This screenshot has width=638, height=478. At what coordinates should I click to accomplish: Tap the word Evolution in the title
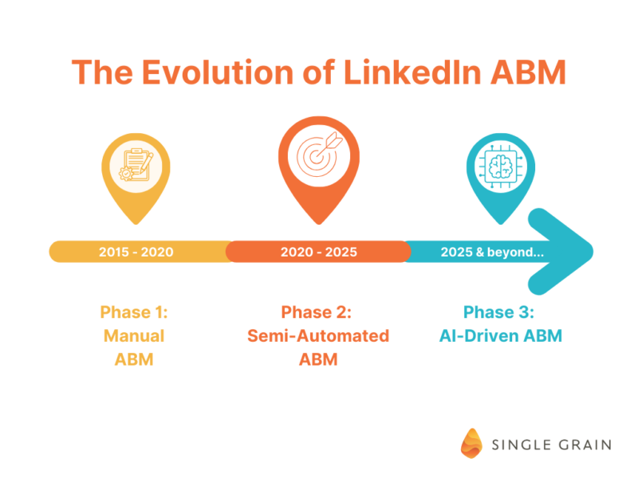[x=218, y=72]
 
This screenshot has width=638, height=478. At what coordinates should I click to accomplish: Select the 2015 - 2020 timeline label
[x=136, y=252]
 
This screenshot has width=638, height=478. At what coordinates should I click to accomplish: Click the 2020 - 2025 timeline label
[x=318, y=252]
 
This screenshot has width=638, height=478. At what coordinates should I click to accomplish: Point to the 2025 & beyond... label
[x=492, y=252]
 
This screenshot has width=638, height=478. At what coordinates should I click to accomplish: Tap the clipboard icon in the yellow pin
[x=136, y=165]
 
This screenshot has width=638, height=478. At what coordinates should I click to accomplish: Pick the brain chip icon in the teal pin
[x=501, y=167]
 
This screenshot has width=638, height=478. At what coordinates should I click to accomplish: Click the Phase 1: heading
[x=134, y=312]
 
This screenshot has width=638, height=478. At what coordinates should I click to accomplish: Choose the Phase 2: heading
[x=317, y=312]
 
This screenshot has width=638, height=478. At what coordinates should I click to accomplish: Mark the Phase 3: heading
[x=499, y=312]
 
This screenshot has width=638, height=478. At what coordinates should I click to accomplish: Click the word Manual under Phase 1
[x=134, y=335]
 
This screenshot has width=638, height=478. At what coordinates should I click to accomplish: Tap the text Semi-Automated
[x=318, y=335]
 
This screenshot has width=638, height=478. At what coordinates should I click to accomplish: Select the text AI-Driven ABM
[x=501, y=335]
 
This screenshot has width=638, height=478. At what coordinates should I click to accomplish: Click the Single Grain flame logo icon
[x=471, y=444]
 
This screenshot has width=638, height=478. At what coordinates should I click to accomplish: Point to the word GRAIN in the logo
[x=585, y=445]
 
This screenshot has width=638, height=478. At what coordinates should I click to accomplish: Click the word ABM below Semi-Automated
[x=318, y=359]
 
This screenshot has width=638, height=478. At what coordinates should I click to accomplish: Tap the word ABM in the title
[x=529, y=72]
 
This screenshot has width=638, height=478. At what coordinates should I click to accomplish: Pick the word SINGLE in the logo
[x=522, y=445]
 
